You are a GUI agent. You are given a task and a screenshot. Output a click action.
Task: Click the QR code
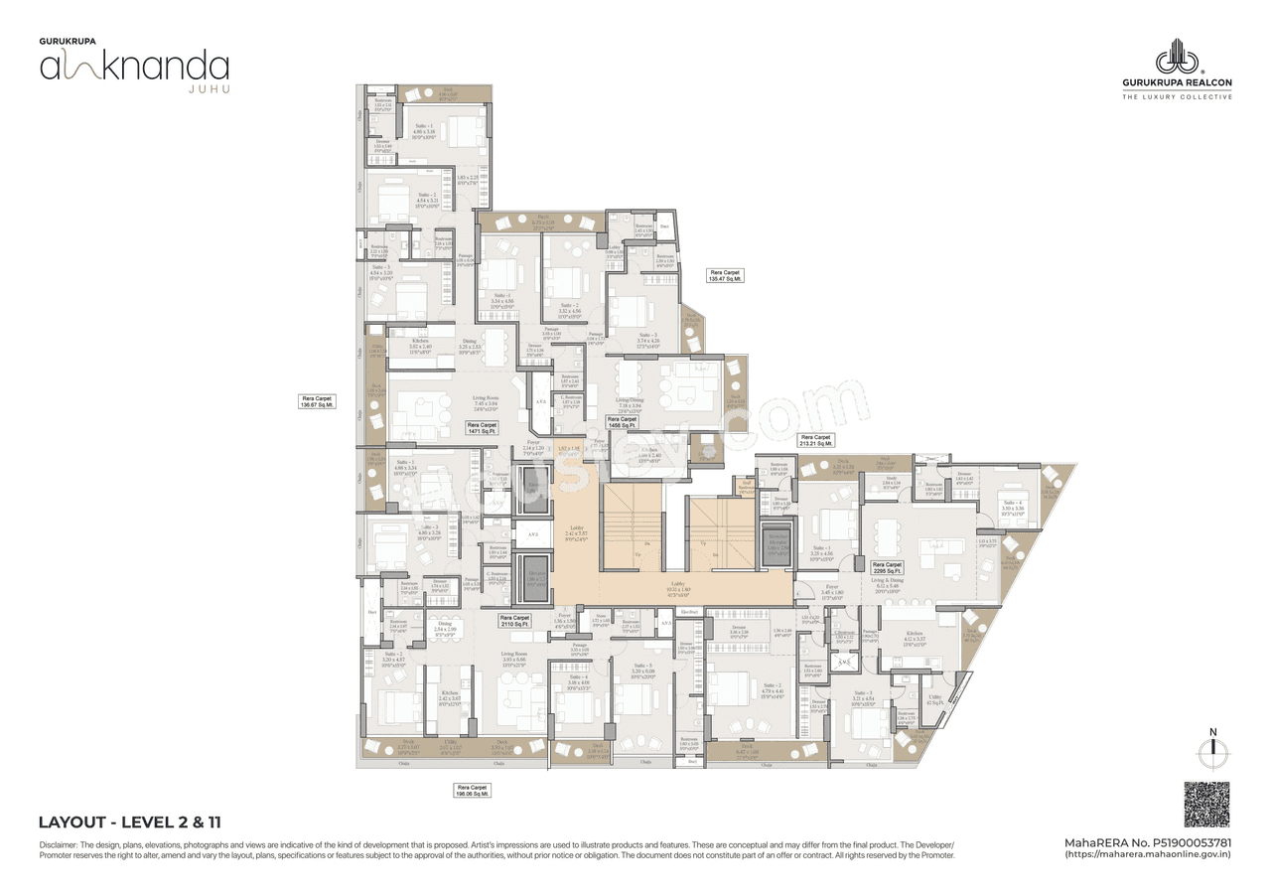(1206, 805)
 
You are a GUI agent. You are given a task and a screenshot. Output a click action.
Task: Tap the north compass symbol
(1211, 752)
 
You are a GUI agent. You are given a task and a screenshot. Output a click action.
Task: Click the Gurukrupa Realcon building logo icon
(1177, 58)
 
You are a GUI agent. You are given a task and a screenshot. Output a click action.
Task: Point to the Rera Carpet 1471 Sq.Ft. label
(482, 428)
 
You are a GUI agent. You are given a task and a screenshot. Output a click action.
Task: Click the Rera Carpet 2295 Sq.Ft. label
(887, 568)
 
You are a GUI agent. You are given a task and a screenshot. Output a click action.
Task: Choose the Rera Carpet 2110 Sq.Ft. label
(514, 621)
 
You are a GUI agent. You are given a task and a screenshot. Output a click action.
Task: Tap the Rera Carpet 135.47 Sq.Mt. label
(725, 276)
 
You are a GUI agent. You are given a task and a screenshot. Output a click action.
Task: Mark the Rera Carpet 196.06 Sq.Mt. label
(474, 791)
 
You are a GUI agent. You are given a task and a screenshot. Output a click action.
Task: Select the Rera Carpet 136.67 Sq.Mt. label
(318, 401)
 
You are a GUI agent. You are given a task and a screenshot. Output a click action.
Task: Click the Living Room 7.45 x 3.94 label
(486, 401)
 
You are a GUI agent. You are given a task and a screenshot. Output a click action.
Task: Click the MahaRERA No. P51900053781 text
(1148, 842)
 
